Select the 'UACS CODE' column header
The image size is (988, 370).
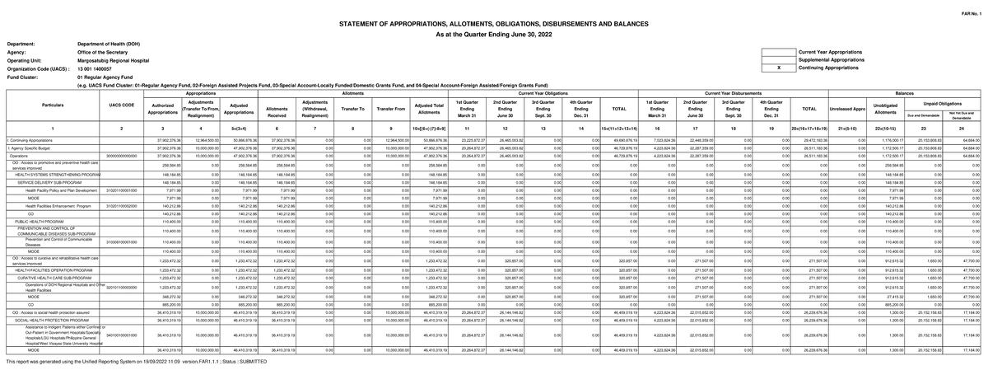(121, 105)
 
